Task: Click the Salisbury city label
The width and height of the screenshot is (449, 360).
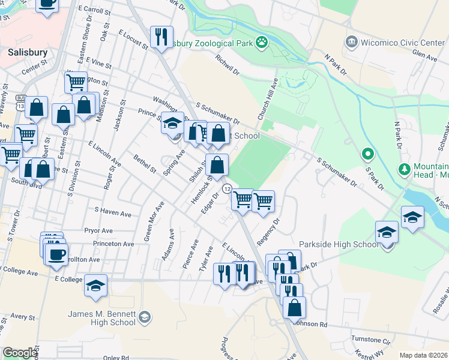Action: click(x=27, y=52)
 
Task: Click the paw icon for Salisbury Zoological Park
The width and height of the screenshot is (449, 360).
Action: click(x=261, y=42)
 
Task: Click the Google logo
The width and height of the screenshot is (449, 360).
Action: click(x=20, y=353)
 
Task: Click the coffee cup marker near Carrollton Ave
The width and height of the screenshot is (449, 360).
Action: click(x=57, y=254)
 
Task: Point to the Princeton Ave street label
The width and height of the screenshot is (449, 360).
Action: click(x=113, y=244)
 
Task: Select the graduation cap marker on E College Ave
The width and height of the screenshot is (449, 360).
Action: click(x=95, y=286)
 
